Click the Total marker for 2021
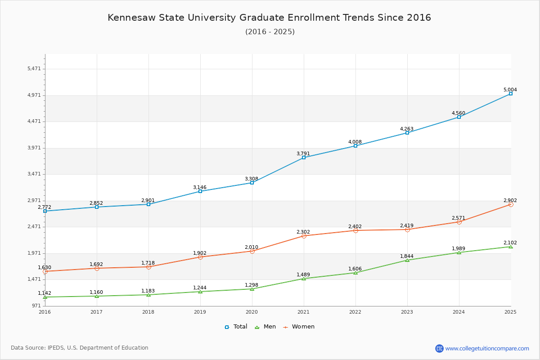tap(304, 157)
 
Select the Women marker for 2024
tap(459, 222)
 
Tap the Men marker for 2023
tap(407, 260)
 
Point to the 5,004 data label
tap(510, 90)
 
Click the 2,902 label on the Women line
tap(510, 200)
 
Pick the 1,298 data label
tap(252, 285)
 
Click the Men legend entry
tap(265, 327)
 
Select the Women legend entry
tap(299, 327)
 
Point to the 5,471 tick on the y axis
tap(34, 69)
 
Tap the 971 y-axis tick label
tap(36, 306)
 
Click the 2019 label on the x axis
tap(200, 312)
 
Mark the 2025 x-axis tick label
tap(510, 312)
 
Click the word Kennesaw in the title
tap(131, 18)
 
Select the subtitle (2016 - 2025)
tap(270, 31)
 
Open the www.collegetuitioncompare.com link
tap(487, 348)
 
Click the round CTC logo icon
tap(439, 348)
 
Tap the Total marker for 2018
tap(148, 204)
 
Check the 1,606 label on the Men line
tap(355, 269)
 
